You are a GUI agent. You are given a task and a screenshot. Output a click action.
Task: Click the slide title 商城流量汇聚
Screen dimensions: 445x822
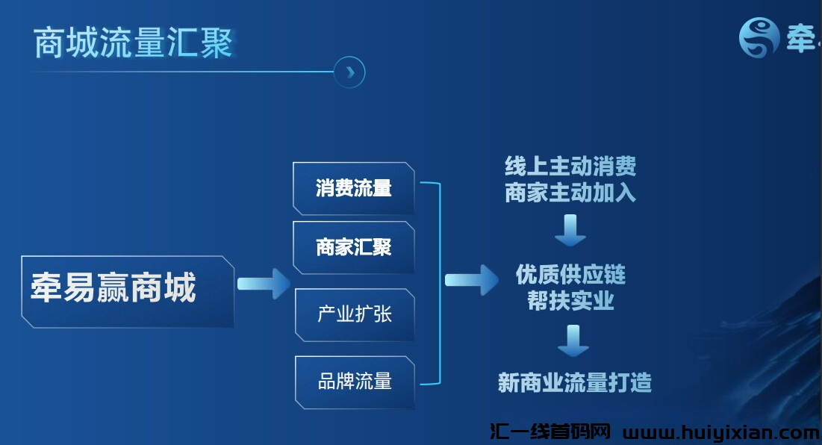click(x=134, y=43)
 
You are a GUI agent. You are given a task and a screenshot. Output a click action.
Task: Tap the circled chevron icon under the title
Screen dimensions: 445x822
click(x=349, y=72)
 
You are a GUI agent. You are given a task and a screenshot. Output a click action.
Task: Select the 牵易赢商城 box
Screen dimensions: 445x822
click(x=128, y=290)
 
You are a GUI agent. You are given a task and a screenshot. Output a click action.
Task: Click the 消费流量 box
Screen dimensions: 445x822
click(x=354, y=188)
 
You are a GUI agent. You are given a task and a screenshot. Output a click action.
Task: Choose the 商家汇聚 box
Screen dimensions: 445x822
click(x=354, y=247)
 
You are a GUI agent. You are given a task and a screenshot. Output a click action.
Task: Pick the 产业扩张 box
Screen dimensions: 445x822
click(x=355, y=314)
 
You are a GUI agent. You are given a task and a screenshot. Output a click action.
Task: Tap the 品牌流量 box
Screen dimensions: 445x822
click(x=355, y=382)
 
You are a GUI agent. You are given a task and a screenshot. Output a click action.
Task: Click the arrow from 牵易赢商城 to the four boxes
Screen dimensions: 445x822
click(x=263, y=284)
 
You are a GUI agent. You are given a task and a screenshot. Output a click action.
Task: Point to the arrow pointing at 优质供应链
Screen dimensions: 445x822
click(x=471, y=281)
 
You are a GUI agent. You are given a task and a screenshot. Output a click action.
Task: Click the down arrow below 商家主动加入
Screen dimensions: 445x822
click(x=570, y=229)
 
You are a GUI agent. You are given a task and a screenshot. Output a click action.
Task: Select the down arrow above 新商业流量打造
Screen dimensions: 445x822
click(x=573, y=340)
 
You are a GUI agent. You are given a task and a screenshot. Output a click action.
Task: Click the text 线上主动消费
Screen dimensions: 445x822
click(x=570, y=166)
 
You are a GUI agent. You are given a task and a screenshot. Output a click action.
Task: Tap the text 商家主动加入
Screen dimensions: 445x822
click(x=570, y=193)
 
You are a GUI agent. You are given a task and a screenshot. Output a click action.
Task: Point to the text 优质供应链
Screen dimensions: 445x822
click(x=570, y=275)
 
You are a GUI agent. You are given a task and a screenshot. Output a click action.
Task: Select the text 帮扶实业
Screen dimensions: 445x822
click(x=570, y=301)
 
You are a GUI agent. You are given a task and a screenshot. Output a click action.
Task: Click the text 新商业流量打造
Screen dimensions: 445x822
click(x=574, y=383)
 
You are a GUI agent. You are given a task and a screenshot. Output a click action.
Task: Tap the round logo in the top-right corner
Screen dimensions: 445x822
click(x=759, y=37)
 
